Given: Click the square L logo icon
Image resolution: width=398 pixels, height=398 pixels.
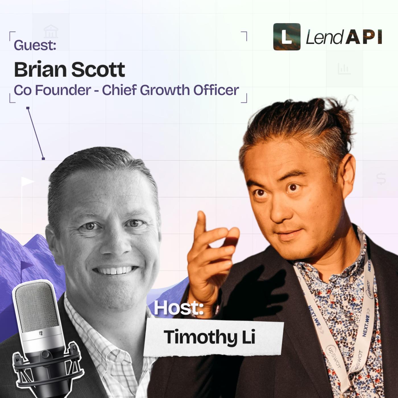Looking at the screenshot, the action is coord(287,37).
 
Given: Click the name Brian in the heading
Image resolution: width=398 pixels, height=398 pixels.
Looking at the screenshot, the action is coord(40,69).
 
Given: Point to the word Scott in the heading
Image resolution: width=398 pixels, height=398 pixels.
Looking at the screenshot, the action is coord(98,70).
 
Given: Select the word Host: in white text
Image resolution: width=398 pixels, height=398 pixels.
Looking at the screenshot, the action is coord(179,308).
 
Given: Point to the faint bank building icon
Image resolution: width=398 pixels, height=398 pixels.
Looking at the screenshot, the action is coord(51,31).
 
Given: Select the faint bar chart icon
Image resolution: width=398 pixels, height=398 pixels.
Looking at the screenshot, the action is coord(344,69).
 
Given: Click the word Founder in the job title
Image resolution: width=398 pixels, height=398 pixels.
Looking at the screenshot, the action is coord(63,90).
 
